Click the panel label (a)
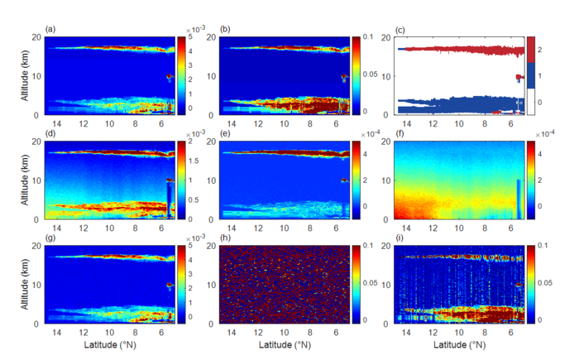coord(50,31)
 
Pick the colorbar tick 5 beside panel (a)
coord(193,38)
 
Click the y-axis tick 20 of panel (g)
coord(37,246)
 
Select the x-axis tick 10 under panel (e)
coord(284,228)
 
